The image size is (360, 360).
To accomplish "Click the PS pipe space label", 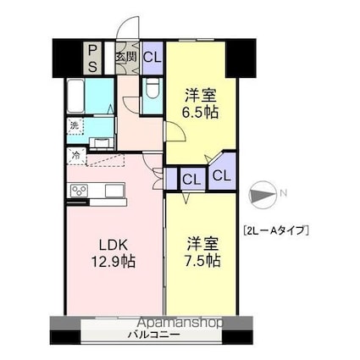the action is (93, 58).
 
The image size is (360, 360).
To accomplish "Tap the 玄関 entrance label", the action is (125, 58).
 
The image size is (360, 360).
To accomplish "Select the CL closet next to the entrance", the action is (152, 58).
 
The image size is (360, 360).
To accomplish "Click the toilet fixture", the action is (152, 87).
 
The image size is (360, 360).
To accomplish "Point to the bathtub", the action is (76, 96).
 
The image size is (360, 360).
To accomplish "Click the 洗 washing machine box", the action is (75, 126).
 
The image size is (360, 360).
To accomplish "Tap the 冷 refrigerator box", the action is (76, 156).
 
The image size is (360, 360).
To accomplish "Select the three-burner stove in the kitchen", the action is (80, 191).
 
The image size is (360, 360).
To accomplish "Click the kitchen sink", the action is (114, 191).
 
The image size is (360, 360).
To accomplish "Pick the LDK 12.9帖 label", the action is (113, 253).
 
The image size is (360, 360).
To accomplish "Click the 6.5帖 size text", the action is (202, 113).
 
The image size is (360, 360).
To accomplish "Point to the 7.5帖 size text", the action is (203, 261).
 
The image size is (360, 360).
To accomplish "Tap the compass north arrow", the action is (263, 195).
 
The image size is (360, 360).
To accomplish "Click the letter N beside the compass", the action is (284, 193).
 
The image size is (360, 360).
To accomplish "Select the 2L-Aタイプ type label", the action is (275, 230).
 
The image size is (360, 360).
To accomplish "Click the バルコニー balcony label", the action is (154, 335).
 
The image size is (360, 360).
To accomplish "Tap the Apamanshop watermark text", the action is (181, 322).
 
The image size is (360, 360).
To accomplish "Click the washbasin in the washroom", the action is (102, 143).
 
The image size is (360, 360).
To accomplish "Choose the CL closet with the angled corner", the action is (222, 172).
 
